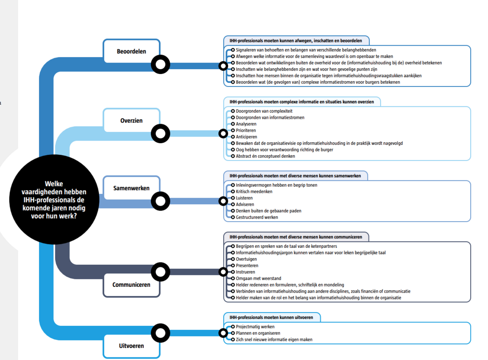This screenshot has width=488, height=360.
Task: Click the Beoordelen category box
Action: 131,51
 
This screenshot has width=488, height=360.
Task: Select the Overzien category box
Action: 131,120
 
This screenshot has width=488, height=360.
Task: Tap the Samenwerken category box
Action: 131,188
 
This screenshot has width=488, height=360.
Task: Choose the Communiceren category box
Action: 131,285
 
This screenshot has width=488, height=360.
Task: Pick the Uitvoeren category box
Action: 131,346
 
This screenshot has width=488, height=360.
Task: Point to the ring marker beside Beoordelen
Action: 161,65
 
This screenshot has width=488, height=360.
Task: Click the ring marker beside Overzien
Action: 161,133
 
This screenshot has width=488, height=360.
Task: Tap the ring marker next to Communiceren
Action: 161,272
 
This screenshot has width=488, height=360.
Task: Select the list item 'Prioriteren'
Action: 246,130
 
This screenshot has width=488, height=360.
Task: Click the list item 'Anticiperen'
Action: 246,137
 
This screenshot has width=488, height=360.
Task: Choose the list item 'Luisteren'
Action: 245,198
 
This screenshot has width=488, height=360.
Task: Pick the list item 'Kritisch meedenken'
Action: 254,192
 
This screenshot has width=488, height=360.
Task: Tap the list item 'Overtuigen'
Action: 246,259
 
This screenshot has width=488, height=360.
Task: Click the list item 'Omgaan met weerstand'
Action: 258,278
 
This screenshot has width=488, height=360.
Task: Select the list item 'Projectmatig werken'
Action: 255,327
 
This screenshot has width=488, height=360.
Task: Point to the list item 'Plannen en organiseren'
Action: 258,333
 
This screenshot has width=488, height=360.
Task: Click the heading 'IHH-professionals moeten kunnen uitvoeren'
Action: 271,317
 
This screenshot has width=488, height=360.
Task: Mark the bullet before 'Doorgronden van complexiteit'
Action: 233,111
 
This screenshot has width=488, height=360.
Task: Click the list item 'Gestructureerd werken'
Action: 257,217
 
